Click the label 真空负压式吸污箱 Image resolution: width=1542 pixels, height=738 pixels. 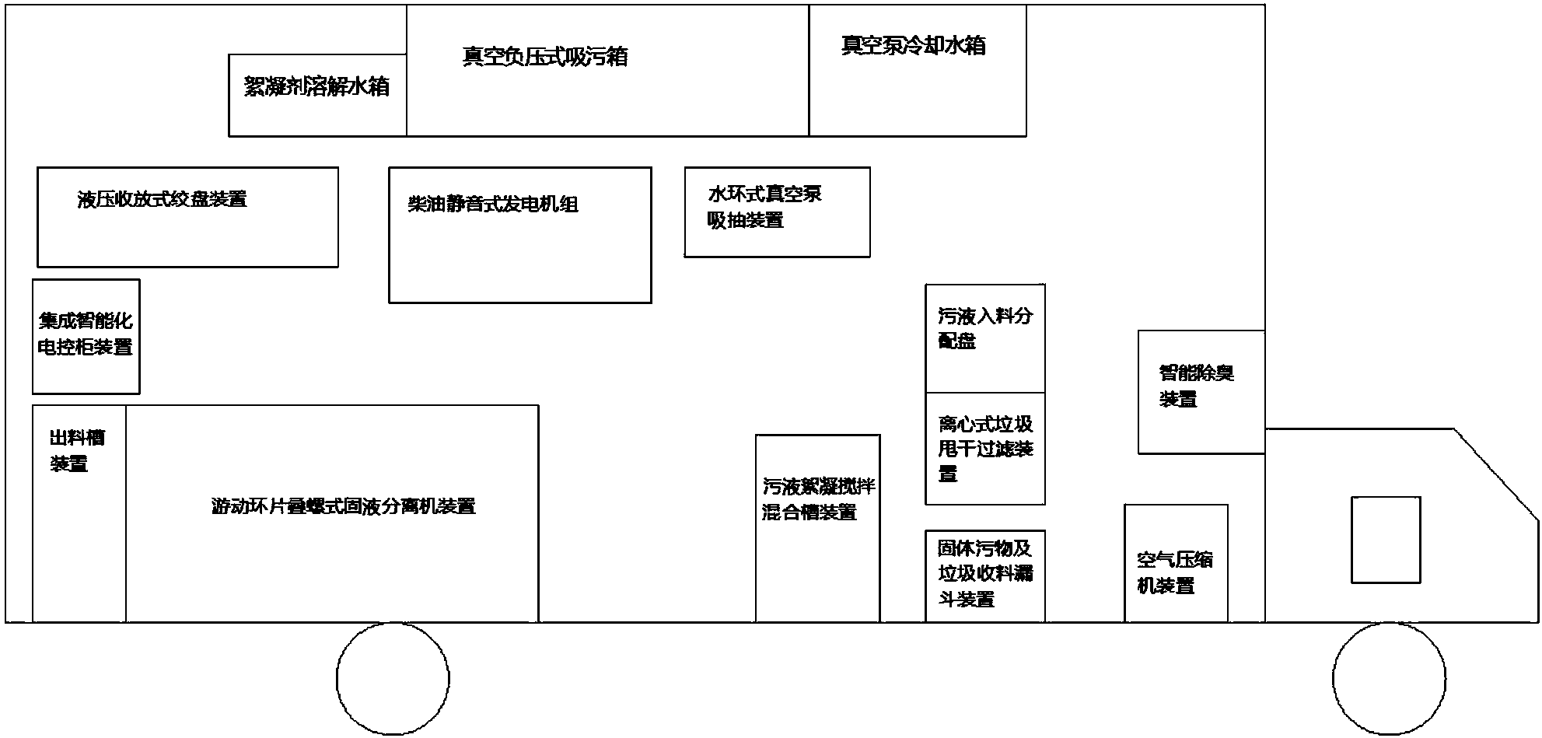[544, 57]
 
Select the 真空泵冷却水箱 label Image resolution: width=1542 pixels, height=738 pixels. [913, 45]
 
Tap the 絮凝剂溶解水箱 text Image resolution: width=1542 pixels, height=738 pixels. [316, 86]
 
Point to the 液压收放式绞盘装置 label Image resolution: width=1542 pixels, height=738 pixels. [163, 199]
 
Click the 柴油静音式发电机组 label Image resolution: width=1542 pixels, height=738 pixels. [493, 205]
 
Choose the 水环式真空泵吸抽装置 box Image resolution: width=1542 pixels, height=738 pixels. [777, 212]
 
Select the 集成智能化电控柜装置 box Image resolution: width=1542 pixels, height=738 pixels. [86, 336]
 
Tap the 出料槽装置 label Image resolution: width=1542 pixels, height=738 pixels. [77, 451]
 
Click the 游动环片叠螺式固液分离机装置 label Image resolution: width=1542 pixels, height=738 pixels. [343, 506]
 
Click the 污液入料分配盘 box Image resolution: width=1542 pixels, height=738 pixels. [984, 338]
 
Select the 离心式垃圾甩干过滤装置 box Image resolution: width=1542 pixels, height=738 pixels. [984, 449]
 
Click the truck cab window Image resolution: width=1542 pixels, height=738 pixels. [1385, 539]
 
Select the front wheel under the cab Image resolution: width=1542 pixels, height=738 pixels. [1388, 678]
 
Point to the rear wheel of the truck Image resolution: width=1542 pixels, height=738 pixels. [393, 678]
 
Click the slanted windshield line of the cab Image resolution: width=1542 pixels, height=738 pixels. [1495, 474]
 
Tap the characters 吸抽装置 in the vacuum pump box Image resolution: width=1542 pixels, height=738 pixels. [745, 221]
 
